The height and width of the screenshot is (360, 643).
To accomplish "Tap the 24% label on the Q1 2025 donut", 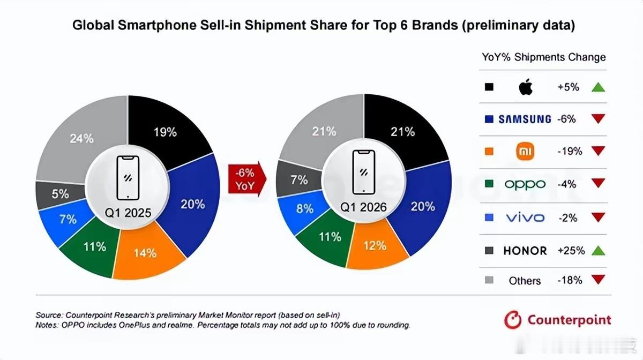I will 81,138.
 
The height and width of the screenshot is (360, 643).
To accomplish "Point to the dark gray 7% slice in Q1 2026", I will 298,179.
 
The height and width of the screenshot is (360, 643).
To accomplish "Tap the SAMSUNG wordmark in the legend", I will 525,119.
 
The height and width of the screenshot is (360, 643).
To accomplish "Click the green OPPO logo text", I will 525,184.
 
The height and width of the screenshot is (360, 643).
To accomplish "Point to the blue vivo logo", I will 525,217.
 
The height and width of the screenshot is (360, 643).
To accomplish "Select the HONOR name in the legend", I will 525,250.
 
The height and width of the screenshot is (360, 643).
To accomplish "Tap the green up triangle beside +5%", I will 598,87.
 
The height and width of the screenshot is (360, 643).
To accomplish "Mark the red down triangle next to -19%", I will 598,152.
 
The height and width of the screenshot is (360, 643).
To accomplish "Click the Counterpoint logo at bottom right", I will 557,320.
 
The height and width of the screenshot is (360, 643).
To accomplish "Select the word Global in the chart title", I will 90,25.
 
